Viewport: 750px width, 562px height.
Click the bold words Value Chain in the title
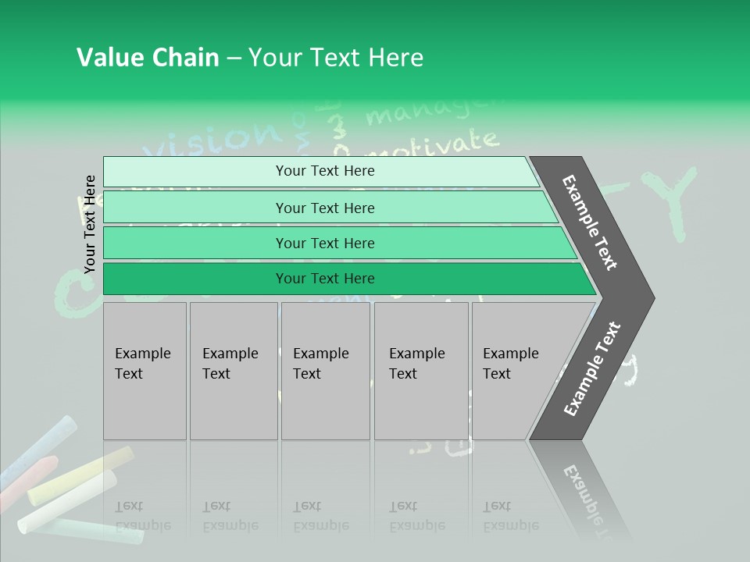coord(148,58)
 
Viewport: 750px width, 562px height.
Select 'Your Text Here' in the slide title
coord(336,58)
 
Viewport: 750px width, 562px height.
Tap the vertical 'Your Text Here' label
coord(90,224)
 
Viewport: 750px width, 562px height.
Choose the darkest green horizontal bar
coord(344,279)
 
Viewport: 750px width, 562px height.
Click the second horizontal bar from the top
coord(328,208)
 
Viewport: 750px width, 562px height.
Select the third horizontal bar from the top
coord(336,243)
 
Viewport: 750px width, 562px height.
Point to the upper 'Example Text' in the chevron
coord(590,222)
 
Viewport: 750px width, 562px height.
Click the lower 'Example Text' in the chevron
coord(592,368)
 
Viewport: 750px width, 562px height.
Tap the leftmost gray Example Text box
coord(145,371)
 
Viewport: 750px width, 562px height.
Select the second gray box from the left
coord(233,371)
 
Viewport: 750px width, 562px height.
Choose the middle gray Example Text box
coord(325,371)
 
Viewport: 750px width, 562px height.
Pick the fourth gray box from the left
coord(421,371)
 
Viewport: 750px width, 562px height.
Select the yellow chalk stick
coord(78,476)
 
